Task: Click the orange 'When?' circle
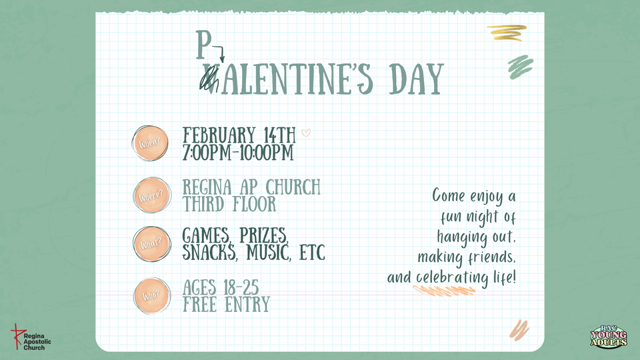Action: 150,143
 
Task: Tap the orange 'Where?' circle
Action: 151,195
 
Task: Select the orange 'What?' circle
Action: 152,244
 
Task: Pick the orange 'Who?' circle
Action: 152,296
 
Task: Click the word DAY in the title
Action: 416,79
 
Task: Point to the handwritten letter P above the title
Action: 203,45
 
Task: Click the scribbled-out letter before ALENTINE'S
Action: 209,79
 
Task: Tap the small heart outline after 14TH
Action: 306,133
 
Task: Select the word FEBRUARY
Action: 219,135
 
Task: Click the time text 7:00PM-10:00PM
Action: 238,153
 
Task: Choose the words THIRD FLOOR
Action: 229,204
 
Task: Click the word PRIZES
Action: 264,236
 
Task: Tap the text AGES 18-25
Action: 221,288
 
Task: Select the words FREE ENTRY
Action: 226,305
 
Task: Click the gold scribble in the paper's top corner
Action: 507,33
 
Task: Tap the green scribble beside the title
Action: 521,67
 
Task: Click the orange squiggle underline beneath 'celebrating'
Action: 444,290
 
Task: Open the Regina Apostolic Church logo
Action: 31,337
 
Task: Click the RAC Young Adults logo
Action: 609,337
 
